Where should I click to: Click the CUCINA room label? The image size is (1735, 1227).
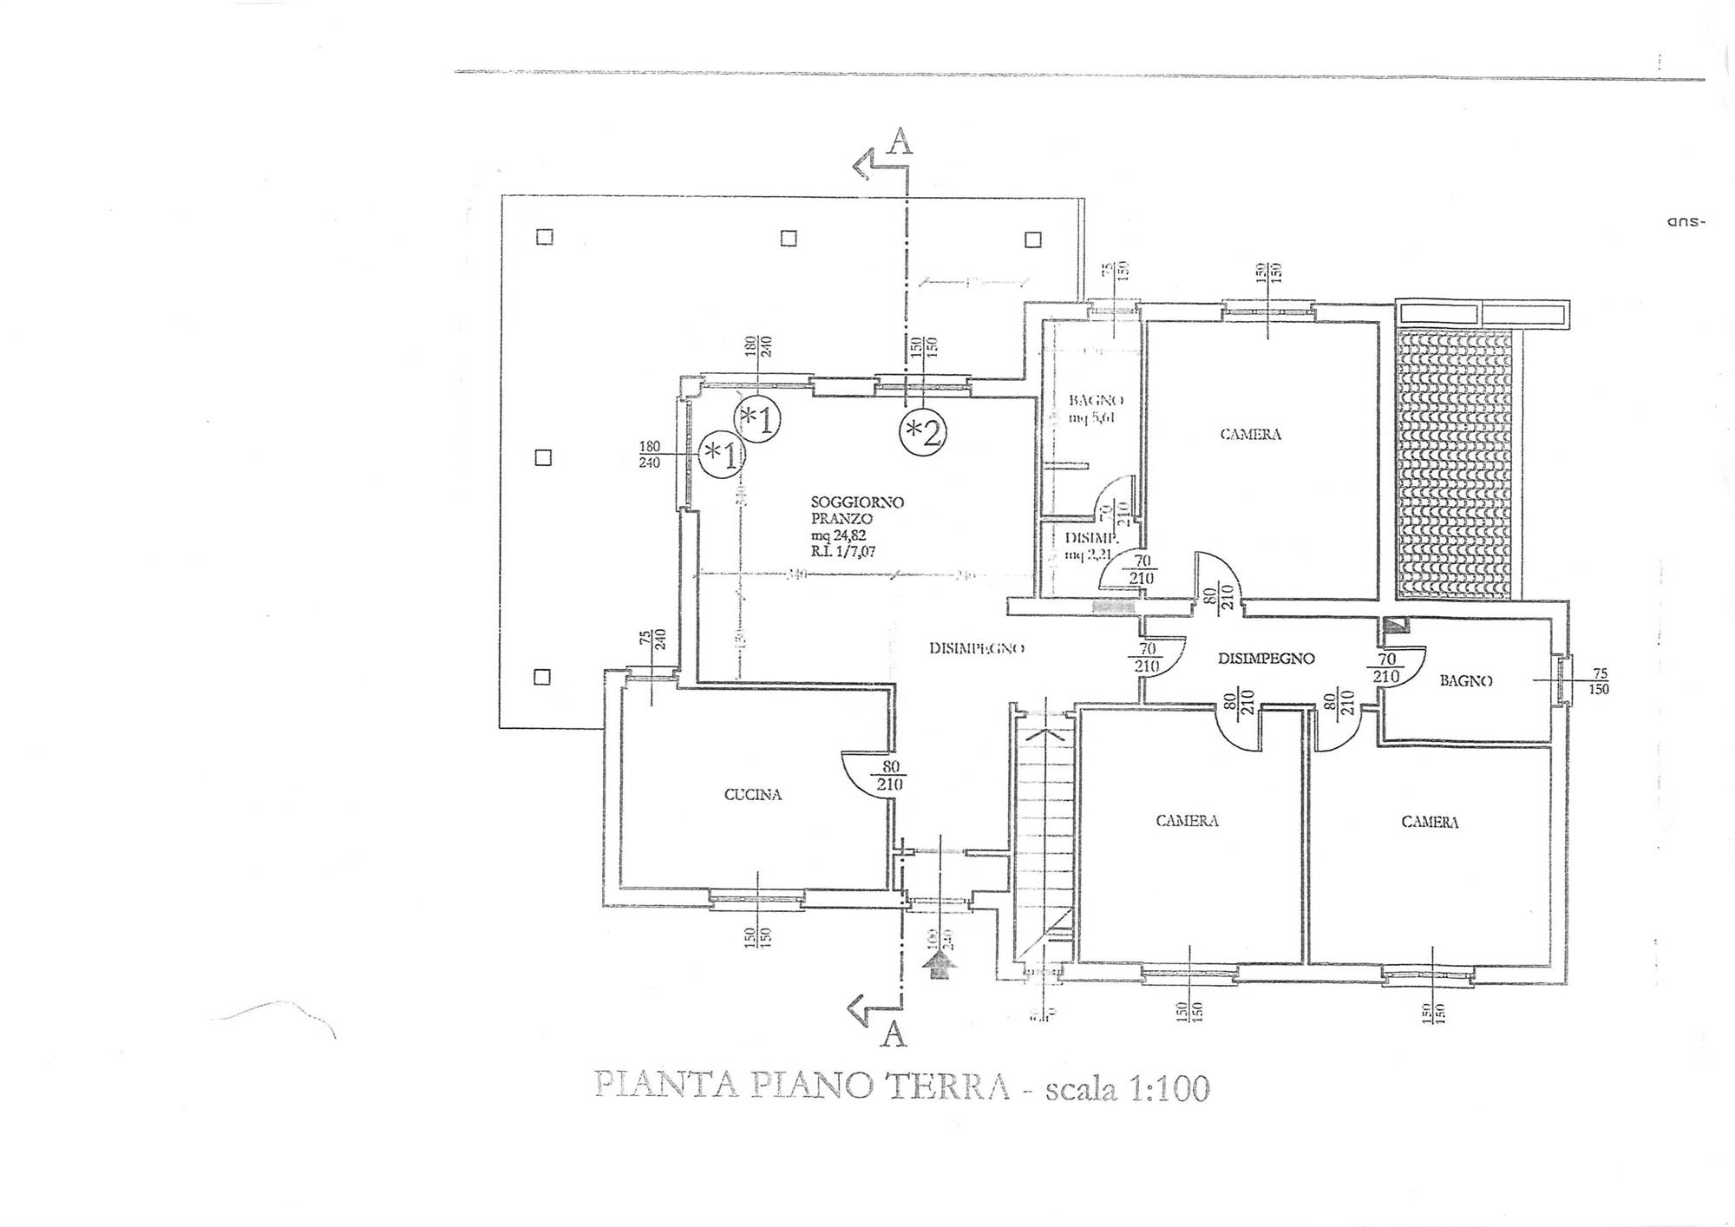(x=753, y=794)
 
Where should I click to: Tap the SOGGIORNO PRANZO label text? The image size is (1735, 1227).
(x=857, y=509)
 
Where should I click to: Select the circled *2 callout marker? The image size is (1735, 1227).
(x=922, y=431)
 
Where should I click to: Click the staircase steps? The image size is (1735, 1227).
(x=1044, y=833)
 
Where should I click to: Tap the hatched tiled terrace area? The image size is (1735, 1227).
(x=1452, y=464)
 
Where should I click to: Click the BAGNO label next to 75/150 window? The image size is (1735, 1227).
(x=1466, y=681)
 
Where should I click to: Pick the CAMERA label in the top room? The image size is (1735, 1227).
(x=1250, y=435)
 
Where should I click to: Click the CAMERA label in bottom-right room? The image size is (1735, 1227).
(x=1430, y=822)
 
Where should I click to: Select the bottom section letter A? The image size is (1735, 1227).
(x=894, y=1034)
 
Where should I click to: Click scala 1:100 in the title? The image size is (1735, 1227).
(x=1127, y=1088)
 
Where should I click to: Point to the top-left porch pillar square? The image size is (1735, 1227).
(x=544, y=237)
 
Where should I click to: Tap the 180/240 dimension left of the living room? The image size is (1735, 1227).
(x=650, y=455)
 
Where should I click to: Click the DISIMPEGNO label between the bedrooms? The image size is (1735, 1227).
(x=1266, y=659)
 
